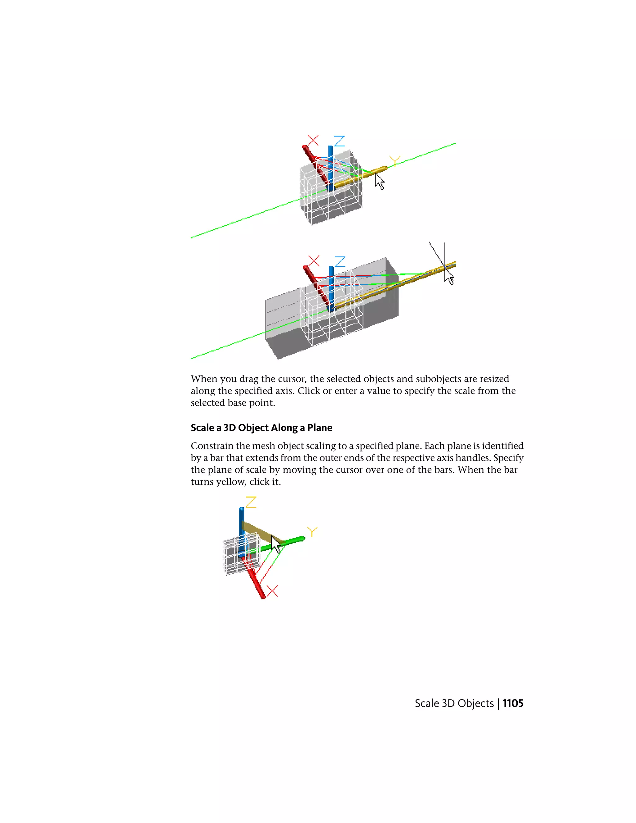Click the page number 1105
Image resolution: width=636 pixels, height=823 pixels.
[513, 703]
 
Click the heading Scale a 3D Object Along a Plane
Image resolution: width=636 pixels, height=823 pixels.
[261, 428]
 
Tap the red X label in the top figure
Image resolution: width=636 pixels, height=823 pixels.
[313, 140]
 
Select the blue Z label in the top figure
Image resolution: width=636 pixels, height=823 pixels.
[339, 141]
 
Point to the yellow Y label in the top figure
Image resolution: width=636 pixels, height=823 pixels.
[394, 161]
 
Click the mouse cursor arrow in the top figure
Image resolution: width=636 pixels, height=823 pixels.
[379, 182]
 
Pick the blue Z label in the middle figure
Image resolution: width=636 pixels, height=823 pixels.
[340, 261]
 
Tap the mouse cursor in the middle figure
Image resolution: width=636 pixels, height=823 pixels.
[449, 278]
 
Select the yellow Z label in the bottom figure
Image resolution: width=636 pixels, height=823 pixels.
[251, 502]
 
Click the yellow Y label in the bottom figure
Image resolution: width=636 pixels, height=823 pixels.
[312, 532]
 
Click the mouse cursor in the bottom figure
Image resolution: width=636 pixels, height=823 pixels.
[276, 544]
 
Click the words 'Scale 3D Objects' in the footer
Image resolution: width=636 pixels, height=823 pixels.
[454, 703]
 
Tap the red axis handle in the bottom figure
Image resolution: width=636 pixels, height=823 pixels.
[255, 580]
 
